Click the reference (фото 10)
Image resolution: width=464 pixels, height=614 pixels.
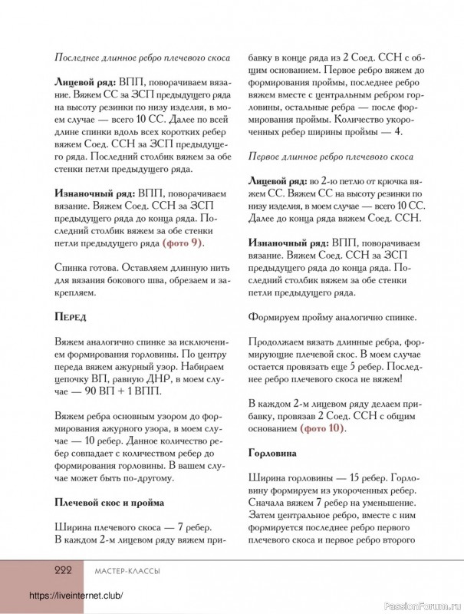[322, 427]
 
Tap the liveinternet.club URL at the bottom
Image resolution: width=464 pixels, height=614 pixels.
[76, 596]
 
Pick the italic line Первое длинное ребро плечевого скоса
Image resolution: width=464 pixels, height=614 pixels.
[331, 157]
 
